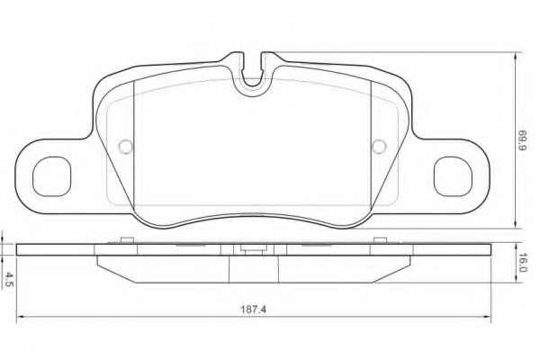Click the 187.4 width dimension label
tap(253, 309)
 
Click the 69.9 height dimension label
tap(522, 140)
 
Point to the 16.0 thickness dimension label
tap(522, 263)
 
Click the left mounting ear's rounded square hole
tap(51, 176)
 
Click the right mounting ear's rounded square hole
tap(453, 176)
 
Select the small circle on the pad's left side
tap(126, 147)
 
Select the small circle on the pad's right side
tap(379, 147)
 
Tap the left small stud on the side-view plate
tap(127, 240)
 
